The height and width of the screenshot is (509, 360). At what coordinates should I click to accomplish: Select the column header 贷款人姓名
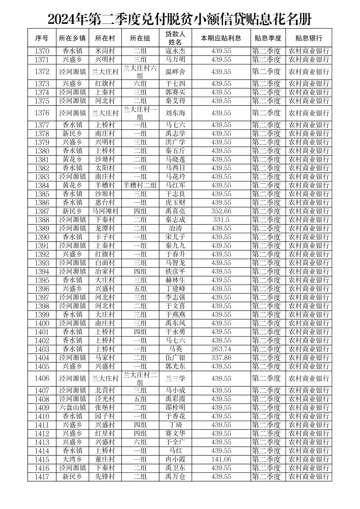click(x=175, y=38)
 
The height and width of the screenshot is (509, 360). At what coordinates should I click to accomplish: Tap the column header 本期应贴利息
click(x=221, y=38)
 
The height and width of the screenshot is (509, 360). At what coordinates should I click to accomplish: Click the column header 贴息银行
click(x=308, y=38)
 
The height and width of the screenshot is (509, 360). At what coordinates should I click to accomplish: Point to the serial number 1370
click(x=42, y=51)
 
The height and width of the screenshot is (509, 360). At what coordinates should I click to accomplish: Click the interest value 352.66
click(x=221, y=211)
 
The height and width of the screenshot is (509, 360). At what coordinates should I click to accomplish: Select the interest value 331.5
click(x=221, y=220)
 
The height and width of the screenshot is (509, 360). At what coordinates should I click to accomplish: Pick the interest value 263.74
click(x=221, y=349)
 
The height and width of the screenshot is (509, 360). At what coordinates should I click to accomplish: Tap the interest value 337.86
click(x=221, y=358)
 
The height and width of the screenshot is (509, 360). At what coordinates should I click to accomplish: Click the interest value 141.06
click(x=221, y=459)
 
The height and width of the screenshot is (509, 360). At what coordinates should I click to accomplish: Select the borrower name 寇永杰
click(x=175, y=51)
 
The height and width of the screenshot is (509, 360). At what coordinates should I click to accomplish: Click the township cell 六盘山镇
click(x=73, y=407)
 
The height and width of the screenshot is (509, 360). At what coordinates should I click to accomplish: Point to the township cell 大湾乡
click(x=73, y=459)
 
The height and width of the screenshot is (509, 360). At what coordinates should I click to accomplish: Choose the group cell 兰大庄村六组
click(x=140, y=72)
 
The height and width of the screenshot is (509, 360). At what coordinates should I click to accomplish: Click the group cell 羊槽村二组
click(x=140, y=185)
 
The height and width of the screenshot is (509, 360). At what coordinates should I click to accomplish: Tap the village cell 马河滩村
click(x=105, y=211)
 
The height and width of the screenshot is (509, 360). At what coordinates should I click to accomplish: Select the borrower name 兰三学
click(x=175, y=379)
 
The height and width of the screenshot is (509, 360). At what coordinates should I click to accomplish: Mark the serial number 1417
click(x=42, y=477)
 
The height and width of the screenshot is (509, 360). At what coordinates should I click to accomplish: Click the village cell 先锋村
click(x=105, y=477)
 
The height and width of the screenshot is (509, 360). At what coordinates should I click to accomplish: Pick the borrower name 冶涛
click(x=175, y=229)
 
